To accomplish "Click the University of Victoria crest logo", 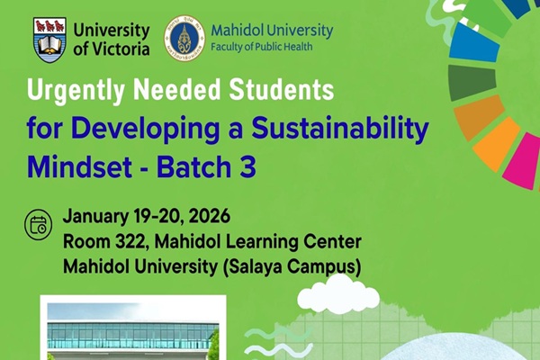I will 49,40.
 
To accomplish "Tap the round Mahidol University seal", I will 184,38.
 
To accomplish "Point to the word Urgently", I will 76,92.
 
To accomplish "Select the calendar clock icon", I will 40,225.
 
